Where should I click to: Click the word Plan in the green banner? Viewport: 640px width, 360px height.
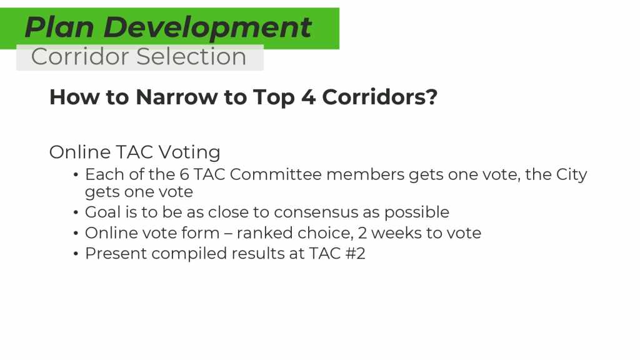coord(59,27)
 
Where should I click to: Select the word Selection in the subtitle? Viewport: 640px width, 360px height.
coord(191,56)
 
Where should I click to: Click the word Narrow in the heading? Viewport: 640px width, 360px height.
coord(176,97)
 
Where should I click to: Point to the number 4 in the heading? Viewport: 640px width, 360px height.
coord(308,97)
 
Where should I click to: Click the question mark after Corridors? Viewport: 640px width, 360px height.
coord(432,97)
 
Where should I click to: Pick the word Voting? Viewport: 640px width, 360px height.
coord(189,152)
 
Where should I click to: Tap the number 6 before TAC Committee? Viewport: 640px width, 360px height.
coord(184,175)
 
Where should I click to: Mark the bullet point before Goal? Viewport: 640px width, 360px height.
coord(76,212)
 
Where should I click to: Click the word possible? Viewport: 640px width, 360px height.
coord(417,213)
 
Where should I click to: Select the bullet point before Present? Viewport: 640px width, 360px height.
coord(76,254)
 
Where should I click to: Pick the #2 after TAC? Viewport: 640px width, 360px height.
coord(355,254)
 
